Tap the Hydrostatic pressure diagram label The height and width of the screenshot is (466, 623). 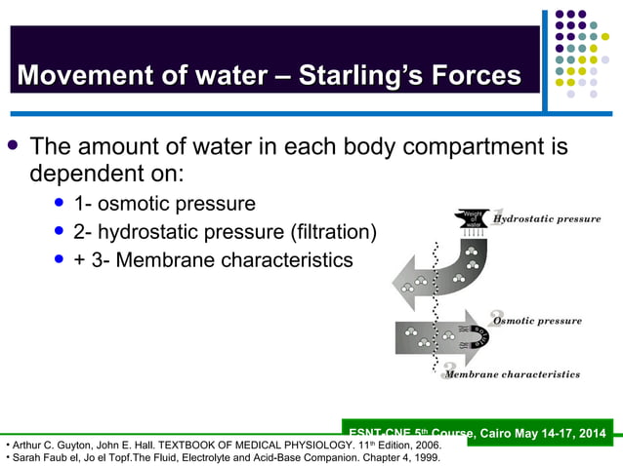click(547, 219)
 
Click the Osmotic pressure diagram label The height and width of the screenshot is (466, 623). click(537, 321)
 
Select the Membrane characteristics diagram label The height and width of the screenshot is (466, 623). click(513, 374)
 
